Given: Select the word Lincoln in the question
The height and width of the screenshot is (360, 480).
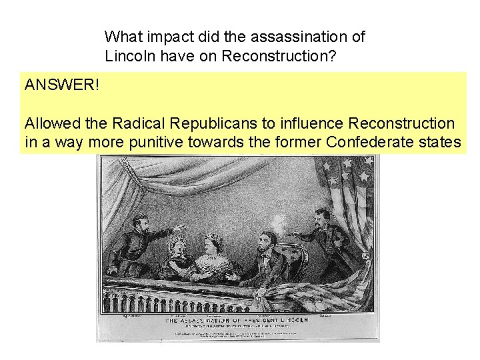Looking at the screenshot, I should point(128,56).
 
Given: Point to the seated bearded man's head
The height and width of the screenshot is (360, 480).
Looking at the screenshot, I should point(267,241).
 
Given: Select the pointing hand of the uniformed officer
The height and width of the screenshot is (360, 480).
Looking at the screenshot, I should point(175,228).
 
